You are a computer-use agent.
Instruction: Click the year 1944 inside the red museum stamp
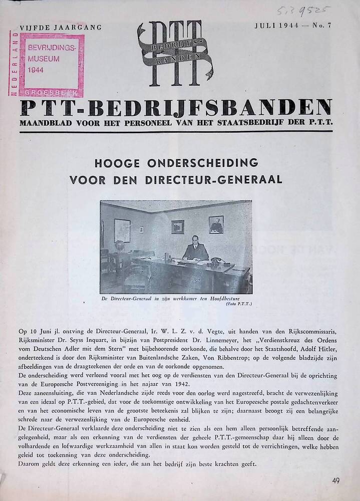point(37,70)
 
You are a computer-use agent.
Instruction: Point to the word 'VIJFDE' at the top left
point(35,27)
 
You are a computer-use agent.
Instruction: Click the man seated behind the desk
point(195,248)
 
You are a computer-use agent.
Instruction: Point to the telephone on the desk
point(217,261)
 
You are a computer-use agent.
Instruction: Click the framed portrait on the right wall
point(216,224)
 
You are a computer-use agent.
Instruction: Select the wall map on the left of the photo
point(122,230)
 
